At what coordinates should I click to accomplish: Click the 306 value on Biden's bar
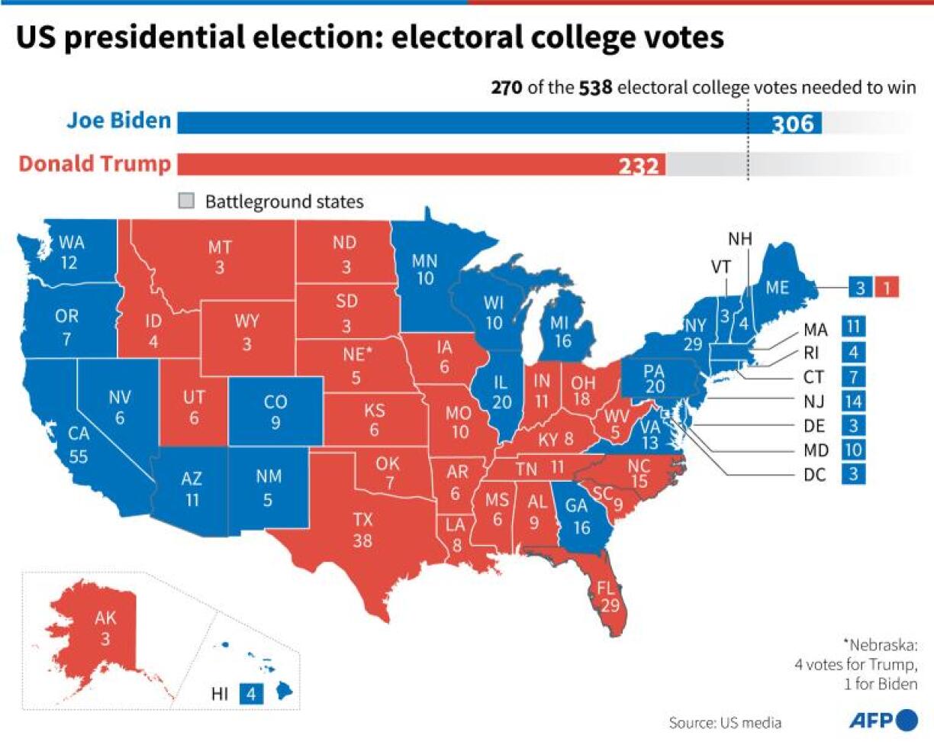click(793, 124)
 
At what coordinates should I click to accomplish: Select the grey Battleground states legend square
click(186, 202)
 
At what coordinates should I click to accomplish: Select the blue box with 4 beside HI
click(251, 694)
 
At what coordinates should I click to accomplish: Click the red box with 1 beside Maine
click(888, 287)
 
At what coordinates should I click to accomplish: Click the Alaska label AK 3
click(105, 627)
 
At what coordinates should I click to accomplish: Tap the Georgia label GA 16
click(581, 517)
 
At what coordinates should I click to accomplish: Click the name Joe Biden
click(118, 121)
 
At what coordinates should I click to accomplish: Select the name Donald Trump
click(95, 164)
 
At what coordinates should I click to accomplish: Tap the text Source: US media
click(725, 722)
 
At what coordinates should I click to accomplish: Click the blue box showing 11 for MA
click(854, 328)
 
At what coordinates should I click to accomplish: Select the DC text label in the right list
click(814, 474)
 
